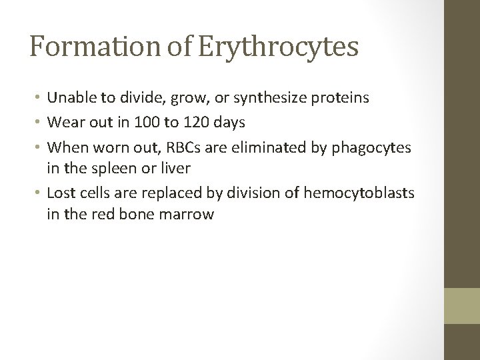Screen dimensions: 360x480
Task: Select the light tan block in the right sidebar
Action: click(462, 306)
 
